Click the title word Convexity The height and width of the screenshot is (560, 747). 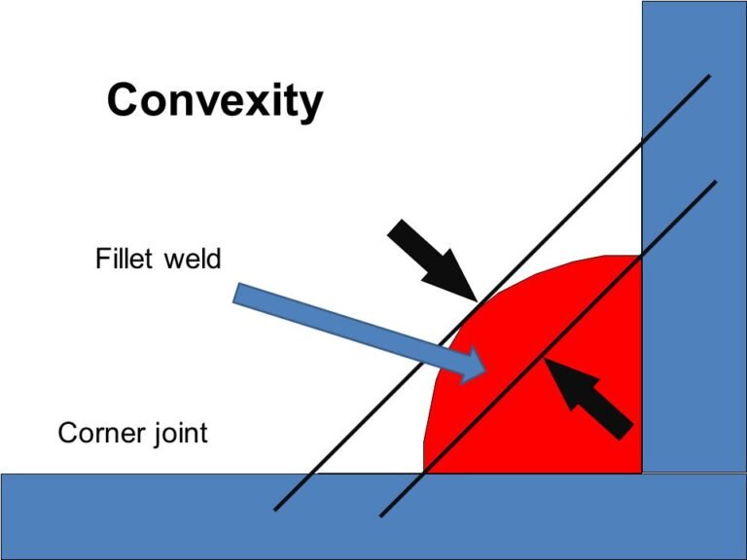coord(214,100)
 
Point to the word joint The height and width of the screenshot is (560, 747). coord(176,433)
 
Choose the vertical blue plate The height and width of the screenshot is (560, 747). coord(693,233)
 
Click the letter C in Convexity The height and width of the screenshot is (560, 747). coord(123,100)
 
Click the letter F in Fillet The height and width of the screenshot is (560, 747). coord(102,260)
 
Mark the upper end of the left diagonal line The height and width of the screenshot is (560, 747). coord(709,77)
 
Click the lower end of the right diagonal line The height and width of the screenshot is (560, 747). coord(381,515)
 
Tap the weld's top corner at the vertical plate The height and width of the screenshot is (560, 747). coord(640,256)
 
